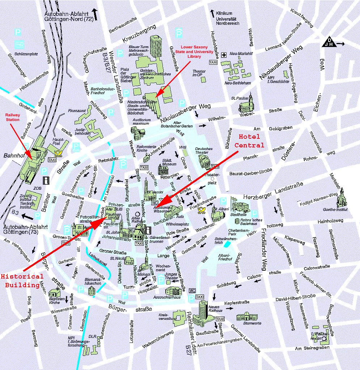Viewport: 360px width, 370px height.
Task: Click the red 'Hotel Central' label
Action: click(249, 141)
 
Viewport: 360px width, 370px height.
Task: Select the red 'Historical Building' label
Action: click(22, 281)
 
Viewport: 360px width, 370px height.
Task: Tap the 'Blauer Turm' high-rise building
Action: click(157, 45)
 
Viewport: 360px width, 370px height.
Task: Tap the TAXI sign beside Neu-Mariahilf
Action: click(213, 62)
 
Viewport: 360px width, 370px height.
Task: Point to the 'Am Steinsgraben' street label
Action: click(312, 348)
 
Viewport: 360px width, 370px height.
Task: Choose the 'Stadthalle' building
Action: click(239, 206)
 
